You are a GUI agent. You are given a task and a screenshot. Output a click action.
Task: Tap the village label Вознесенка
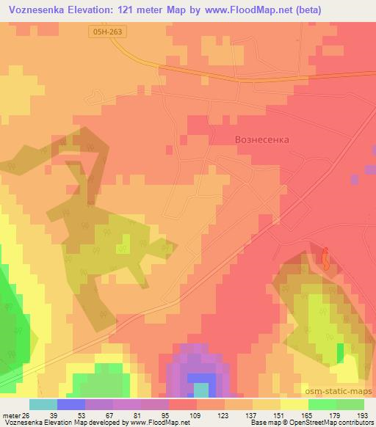pyautogui.click(x=252, y=139)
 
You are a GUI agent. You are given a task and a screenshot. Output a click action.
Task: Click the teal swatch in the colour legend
pyautogui.click(x=43, y=404)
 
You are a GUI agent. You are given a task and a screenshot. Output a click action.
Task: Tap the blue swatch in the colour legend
pyautogui.click(x=70, y=404)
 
